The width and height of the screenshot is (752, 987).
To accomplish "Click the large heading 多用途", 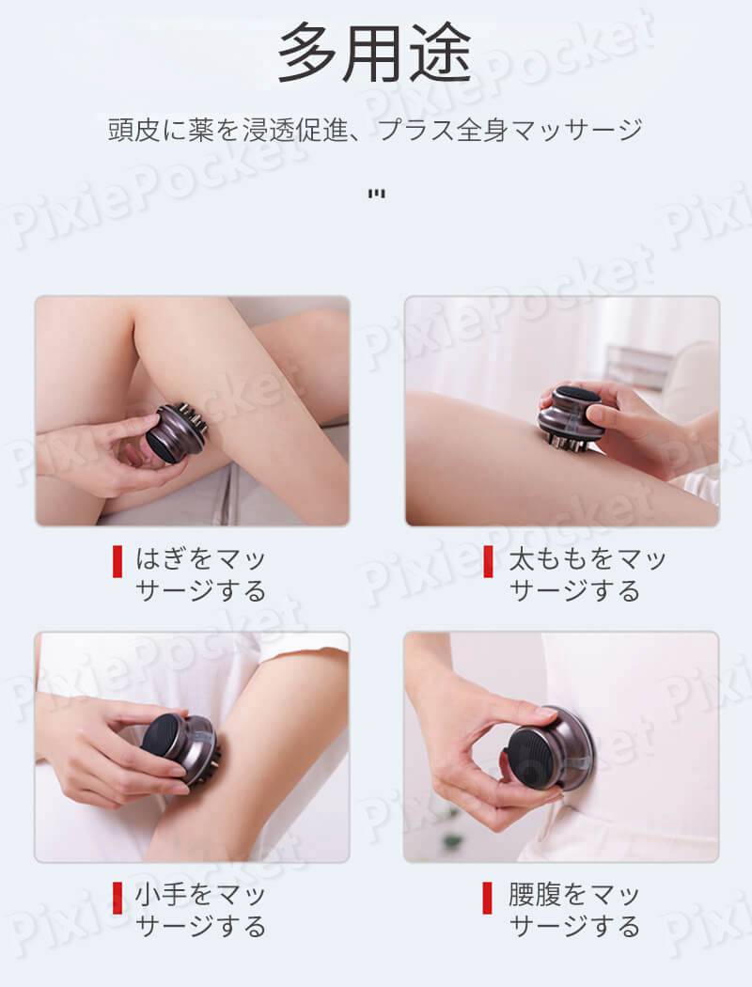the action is pyautogui.click(x=375, y=54).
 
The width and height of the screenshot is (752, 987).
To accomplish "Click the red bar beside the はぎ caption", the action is pyautogui.click(x=117, y=562).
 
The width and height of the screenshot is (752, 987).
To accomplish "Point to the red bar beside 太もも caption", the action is pyautogui.click(x=488, y=562).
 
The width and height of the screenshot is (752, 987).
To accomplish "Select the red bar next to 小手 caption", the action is pyautogui.click(x=117, y=898).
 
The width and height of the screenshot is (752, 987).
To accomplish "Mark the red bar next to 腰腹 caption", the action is pyautogui.click(x=487, y=898).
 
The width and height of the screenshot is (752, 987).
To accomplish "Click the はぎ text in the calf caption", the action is pyautogui.click(x=161, y=559).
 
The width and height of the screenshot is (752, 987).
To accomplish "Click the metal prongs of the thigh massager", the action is pyautogui.click(x=565, y=443).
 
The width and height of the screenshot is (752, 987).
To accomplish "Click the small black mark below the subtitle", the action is pyautogui.click(x=376, y=194).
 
